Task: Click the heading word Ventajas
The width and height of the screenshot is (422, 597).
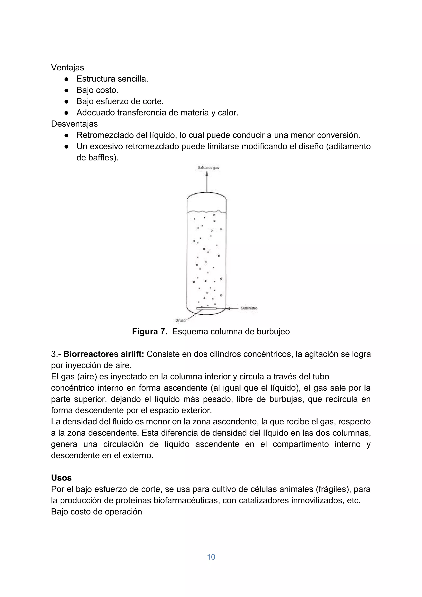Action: pos(67,68)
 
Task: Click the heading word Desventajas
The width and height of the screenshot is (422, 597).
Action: pos(74,124)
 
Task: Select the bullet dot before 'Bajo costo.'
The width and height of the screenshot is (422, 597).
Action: pos(67,90)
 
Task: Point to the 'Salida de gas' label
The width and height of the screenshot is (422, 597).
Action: pos(208,168)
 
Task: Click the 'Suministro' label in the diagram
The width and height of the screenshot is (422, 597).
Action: pos(249,308)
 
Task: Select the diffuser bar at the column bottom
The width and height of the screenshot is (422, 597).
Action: pos(206,308)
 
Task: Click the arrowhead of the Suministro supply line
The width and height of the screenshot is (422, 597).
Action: pos(228,308)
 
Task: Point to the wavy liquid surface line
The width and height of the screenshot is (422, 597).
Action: pos(207,211)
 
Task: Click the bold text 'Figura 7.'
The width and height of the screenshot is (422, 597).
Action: pos(149,332)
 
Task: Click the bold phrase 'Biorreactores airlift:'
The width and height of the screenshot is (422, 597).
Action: pos(104,354)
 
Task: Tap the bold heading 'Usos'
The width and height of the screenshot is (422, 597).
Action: pos(61,478)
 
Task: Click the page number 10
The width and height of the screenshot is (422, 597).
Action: pos(211,557)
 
